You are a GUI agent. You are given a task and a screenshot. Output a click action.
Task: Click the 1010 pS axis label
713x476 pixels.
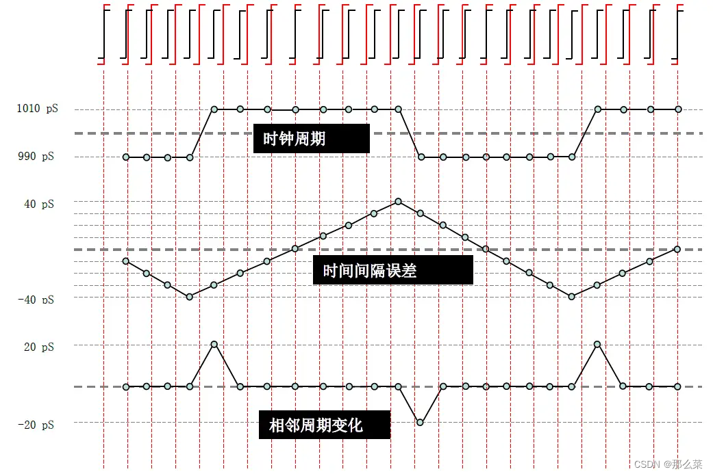(x=37, y=109)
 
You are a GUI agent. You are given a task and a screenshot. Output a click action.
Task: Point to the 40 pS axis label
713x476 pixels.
(x=38, y=204)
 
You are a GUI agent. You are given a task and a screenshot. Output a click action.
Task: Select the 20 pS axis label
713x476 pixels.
(x=38, y=347)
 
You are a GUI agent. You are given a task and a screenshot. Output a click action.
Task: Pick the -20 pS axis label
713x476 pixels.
(x=37, y=425)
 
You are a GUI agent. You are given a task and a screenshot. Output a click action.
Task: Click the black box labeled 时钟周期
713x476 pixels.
(x=311, y=139)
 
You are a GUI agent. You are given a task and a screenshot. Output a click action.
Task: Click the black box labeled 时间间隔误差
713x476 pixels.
(x=392, y=271)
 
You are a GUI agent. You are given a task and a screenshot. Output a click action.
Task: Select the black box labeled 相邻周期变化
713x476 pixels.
(x=324, y=425)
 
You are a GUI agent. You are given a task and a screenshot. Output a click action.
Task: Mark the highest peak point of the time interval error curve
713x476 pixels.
(x=398, y=201)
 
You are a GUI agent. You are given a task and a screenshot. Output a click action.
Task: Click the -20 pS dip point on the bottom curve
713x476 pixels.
(x=420, y=423)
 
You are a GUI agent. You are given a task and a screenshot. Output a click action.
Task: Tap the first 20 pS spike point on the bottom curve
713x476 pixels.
(x=214, y=344)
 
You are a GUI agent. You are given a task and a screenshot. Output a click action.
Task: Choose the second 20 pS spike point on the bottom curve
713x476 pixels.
(x=598, y=344)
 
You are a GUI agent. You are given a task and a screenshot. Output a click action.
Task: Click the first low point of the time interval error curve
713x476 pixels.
(x=190, y=296)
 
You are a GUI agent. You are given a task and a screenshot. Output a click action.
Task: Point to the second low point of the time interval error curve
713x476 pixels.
(x=572, y=296)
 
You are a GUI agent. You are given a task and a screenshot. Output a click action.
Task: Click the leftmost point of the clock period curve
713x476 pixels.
(x=126, y=157)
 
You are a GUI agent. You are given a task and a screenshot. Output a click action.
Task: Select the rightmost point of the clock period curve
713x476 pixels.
(x=678, y=109)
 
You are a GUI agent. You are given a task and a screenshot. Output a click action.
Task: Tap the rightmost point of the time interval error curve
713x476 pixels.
(x=677, y=249)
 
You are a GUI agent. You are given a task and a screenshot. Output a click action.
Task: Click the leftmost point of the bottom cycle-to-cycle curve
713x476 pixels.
(x=126, y=387)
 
